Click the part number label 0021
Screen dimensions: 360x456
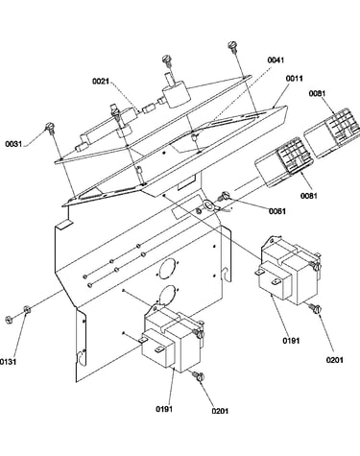pos(101,82)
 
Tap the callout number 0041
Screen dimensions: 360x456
pos(276,60)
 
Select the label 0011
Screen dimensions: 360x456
pos(294,79)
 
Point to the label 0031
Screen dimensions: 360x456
pos(13,144)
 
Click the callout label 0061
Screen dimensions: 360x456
pos(277,211)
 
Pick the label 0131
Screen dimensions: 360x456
pos(8,362)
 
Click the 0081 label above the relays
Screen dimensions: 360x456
pos(317,93)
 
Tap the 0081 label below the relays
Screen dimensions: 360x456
pos(308,196)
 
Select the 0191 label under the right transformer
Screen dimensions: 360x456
pos(291,341)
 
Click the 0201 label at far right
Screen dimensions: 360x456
pos(335,360)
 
